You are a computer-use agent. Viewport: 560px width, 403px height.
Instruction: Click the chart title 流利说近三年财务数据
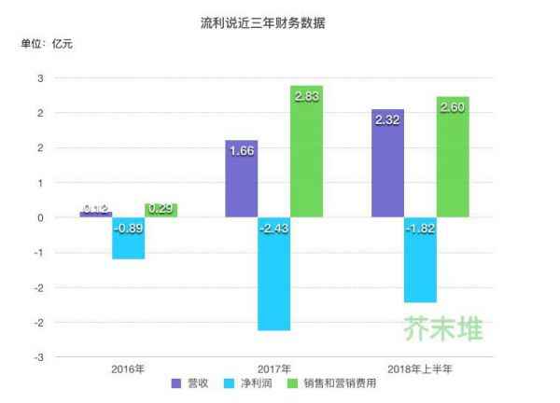pos(280,21)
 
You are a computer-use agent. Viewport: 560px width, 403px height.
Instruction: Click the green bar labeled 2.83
pos(306,149)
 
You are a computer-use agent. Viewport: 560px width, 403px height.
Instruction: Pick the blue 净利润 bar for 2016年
pos(128,238)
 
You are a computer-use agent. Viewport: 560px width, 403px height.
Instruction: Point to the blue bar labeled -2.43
pos(273,273)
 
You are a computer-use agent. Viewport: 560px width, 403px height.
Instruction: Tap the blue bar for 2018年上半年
pos(420,259)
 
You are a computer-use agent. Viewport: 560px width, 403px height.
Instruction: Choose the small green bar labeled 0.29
pos(161,211)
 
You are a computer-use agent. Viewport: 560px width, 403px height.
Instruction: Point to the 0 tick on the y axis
pos(40,217)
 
